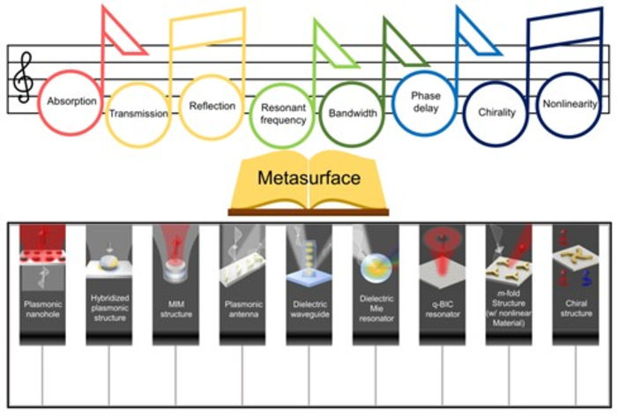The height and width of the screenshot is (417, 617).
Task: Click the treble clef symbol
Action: pos(22,78)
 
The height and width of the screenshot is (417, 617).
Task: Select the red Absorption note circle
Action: pos(72,101)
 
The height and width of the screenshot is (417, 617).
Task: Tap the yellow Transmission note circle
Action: pos(138,113)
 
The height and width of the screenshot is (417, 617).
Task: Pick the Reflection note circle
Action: pos(212,106)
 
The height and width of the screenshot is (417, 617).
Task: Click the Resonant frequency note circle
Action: pos(283,114)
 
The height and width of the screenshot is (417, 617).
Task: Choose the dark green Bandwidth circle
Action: pos(353,114)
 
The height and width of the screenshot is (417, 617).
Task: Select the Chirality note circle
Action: pos(496,113)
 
